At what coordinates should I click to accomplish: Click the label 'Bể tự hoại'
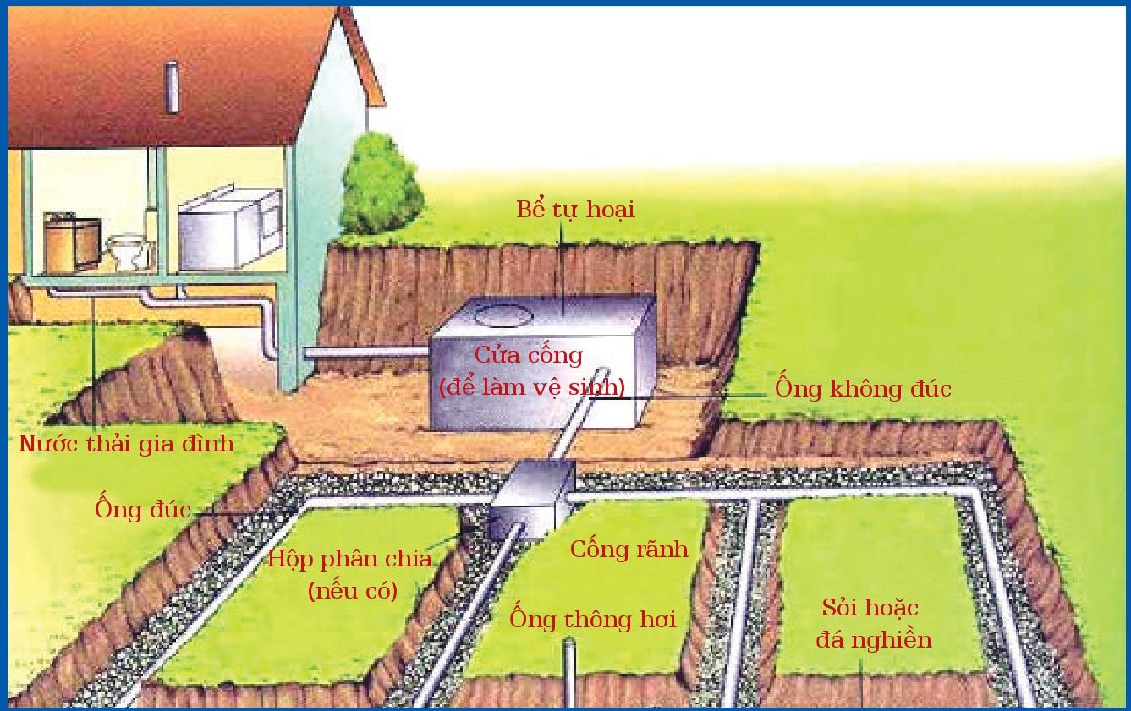(575, 210)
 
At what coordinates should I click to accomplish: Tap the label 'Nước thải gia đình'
(126, 445)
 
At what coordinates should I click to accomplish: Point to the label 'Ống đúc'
(143, 508)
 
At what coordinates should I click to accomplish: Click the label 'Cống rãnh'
(629, 549)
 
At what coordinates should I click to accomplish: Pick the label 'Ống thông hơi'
(592, 618)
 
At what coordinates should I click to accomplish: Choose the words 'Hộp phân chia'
(349, 559)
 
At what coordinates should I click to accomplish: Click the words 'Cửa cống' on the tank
(528, 355)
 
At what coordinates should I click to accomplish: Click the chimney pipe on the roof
(173, 87)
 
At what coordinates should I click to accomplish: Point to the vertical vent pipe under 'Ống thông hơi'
(569, 674)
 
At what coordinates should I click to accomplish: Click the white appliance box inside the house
(230, 231)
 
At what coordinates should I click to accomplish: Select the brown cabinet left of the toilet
(72, 242)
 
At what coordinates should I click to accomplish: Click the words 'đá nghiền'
(874, 640)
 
